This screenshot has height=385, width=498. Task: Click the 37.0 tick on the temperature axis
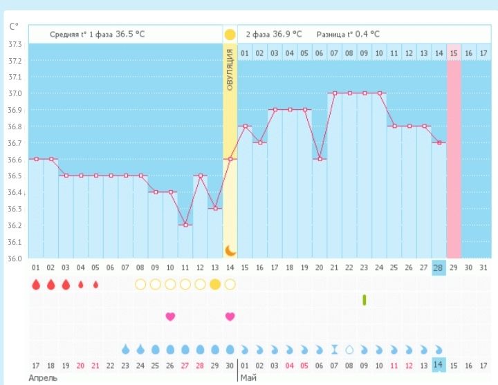coord(14,93)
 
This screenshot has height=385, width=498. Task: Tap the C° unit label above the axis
coord(14,27)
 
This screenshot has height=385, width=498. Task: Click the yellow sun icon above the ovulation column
coord(230,34)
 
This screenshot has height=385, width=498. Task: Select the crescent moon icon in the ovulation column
coord(230,250)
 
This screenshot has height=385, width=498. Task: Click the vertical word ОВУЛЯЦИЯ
coord(230,70)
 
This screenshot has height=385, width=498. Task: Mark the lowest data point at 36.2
coord(185,225)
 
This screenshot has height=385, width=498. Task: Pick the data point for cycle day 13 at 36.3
coord(215,209)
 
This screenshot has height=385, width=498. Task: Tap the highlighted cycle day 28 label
coord(438,267)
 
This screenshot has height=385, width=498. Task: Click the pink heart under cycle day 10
coord(170,317)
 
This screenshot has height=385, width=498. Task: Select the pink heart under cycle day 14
coord(230,317)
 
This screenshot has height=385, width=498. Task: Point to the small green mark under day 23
coord(364,299)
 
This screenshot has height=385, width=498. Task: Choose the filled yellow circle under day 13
coord(215,284)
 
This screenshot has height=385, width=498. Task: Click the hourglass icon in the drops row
coord(334,349)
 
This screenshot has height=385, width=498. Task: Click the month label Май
coord(248,378)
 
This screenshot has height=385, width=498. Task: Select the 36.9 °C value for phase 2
coord(288,34)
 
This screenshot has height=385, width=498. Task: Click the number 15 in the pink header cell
coord(454,53)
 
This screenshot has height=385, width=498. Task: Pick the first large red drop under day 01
coord(35,284)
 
